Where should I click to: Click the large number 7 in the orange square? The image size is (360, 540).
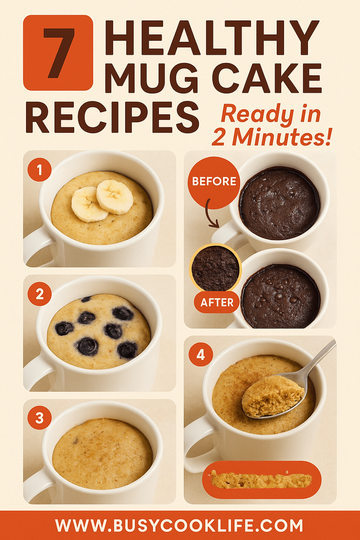[58, 53]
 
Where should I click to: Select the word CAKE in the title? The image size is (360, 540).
[267, 78]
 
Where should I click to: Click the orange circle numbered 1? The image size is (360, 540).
[39, 170]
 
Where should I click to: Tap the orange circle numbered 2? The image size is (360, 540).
[39, 294]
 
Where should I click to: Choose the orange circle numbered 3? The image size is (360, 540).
[39, 418]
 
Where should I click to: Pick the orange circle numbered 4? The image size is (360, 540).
[200, 355]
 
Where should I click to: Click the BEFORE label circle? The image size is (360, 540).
[214, 181]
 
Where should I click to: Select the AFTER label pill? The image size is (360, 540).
[217, 302]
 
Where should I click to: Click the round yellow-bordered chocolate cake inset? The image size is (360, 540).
[216, 268]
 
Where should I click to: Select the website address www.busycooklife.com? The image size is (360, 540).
[179, 526]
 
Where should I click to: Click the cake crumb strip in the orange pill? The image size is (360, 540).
[261, 480]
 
